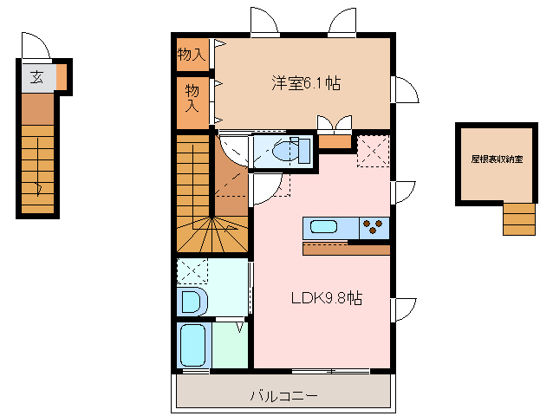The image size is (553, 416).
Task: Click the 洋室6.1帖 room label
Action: click(305, 83)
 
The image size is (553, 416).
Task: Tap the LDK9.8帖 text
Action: click(326, 298)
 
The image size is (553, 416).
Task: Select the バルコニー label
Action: click(284, 396)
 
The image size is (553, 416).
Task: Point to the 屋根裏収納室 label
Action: click(497, 159)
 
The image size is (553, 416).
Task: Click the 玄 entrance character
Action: click(36, 77)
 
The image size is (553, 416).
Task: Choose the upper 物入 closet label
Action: click(192, 55)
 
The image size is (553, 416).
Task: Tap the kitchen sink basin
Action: click(323, 228)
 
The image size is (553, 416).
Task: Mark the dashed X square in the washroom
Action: click(192, 271)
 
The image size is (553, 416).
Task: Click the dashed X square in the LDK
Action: click(373, 150)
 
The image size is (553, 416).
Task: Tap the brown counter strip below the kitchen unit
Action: click(346, 249)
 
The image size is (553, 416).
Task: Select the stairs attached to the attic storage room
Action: click(519, 218)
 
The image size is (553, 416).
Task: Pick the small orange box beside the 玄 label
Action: click(62, 79)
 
